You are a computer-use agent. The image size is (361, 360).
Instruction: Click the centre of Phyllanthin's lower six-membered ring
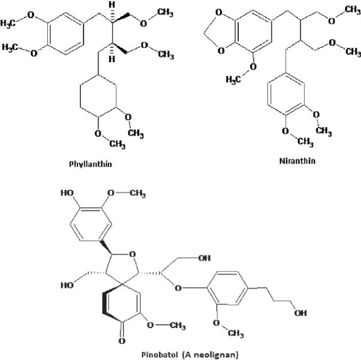point(98,100)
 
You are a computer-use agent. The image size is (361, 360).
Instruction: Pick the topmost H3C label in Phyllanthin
point(12,23)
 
